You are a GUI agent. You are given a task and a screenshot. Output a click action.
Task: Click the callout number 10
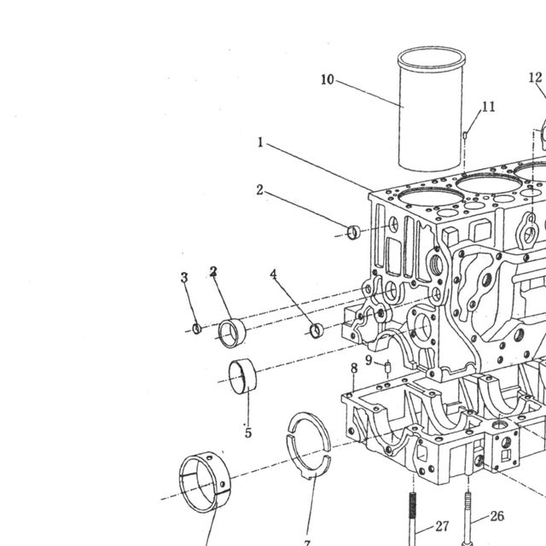pos(327,79)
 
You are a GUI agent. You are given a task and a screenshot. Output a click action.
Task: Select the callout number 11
pos(489,107)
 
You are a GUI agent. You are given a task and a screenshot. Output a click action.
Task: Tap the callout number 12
pos(535,78)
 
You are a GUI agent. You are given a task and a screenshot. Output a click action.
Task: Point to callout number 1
pos(260,142)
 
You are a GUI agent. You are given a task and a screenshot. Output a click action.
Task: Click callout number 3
pos(184,277)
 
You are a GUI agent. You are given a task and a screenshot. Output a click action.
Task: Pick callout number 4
pos(273,274)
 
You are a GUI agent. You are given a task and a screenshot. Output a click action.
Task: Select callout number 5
pos(248,433)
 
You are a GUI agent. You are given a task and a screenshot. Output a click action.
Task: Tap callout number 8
pos(354,368)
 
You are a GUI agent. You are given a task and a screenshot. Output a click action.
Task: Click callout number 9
pos(369,360)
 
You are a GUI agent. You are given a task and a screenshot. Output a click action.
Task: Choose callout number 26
pos(497,516)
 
